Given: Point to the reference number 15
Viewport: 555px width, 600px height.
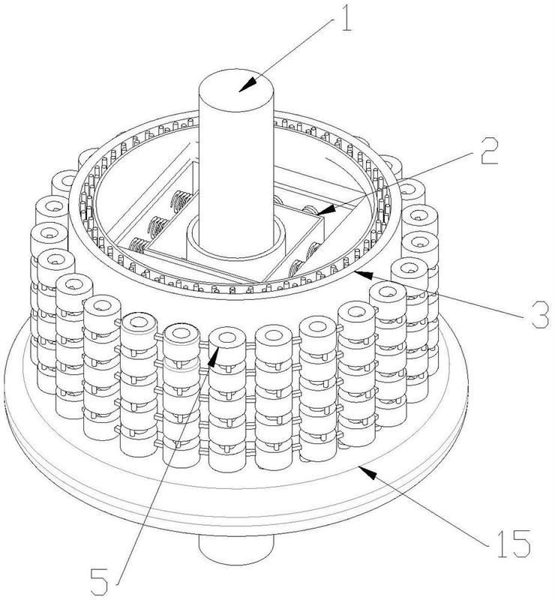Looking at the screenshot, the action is tap(513, 543).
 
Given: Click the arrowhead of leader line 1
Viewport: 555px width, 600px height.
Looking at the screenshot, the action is tap(247, 84).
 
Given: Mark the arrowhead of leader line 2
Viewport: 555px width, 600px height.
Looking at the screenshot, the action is tap(325, 210).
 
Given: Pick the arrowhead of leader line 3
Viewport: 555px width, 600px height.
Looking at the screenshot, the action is tap(363, 274).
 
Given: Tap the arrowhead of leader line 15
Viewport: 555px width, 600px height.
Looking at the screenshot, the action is tap(367, 472).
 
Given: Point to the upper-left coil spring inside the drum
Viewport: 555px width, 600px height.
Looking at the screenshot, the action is tap(180, 201).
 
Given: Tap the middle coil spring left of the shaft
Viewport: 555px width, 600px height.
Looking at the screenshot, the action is tap(157, 226).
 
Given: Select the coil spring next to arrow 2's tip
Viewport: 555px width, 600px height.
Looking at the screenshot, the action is tap(310, 210).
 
